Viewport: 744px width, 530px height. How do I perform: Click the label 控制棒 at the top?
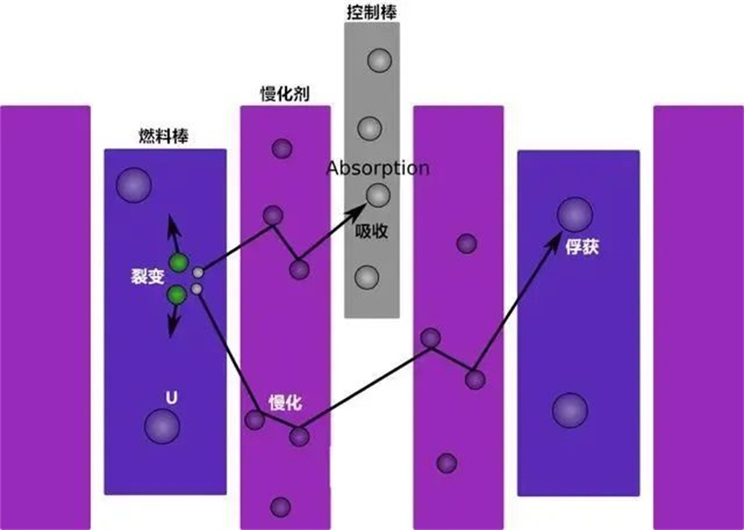(371, 12)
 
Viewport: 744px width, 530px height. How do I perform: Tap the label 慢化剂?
(284, 94)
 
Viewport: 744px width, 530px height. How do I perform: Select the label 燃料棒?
(164, 136)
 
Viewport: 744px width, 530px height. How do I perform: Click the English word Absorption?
(378, 168)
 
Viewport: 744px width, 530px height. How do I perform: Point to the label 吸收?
(371, 230)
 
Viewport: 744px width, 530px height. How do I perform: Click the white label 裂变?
(148, 276)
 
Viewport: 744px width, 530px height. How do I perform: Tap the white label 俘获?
(582, 247)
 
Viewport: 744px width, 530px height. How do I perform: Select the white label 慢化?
(285, 403)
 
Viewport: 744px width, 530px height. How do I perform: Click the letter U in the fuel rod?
(171, 398)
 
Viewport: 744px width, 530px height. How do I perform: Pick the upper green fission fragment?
(179, 263)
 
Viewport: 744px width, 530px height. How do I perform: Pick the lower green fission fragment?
(177, 295)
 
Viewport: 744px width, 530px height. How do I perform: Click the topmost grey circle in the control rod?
(379, 60)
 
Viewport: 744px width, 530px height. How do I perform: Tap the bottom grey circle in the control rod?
(367, 277)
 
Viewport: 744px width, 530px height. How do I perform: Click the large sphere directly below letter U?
(162, 427)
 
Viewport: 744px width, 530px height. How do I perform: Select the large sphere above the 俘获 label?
(575, 215)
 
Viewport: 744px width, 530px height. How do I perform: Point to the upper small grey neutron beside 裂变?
(198, 272)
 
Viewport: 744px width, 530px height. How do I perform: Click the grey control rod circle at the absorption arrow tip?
(378, 195)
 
